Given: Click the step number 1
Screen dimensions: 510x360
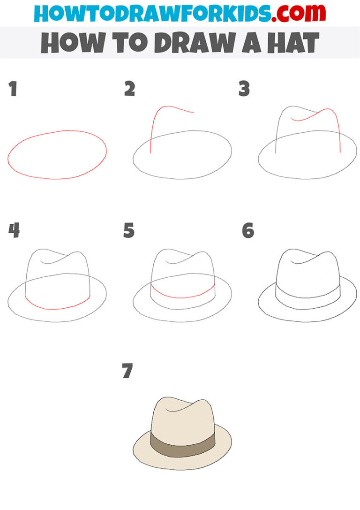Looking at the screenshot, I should click(13, 89).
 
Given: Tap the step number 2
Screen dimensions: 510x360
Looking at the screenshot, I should click(129, 89).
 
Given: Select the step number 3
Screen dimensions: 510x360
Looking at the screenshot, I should click(244, 89).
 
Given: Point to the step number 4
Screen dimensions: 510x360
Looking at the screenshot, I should click(14, 231).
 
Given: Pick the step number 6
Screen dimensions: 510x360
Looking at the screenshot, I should click(248, 231).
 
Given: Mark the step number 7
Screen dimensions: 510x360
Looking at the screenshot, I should click(127, 372).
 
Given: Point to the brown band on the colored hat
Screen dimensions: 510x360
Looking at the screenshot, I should click(183, 441).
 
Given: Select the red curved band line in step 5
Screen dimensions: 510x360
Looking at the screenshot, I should click(183, 297).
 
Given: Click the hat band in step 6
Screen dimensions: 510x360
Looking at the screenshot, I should click(307, 298).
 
